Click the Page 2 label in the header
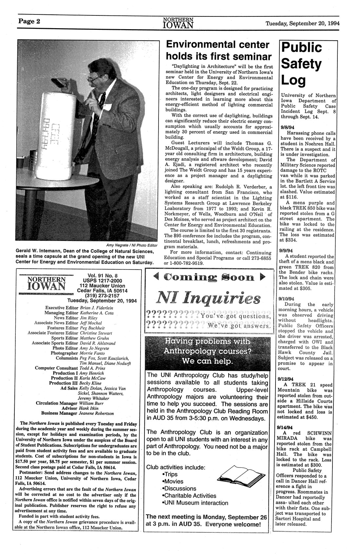point(29,22)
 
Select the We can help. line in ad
point(207,361)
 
